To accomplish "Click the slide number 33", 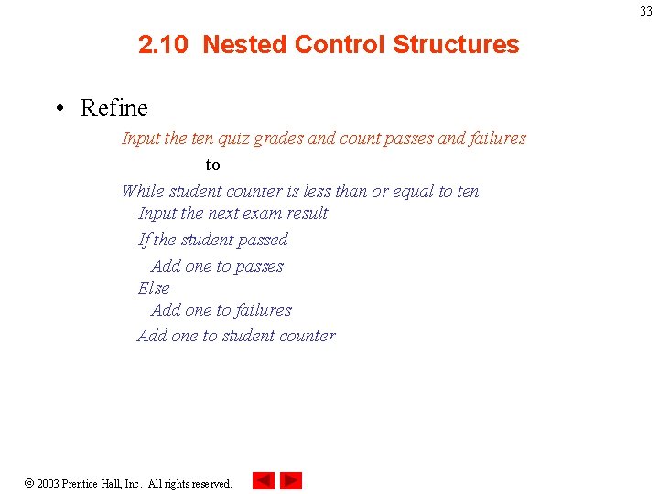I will point(646,12).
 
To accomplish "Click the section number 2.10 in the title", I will point(166,45).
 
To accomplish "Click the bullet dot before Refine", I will point(59,109).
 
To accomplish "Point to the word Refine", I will point(113,108).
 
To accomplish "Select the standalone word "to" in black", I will point(212,166).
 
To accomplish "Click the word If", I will point(144,240).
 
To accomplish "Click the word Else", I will point(154,288).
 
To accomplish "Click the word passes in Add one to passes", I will point(259,266).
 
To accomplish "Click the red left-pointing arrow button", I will point(264,480).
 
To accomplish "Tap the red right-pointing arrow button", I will point(291,480).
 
